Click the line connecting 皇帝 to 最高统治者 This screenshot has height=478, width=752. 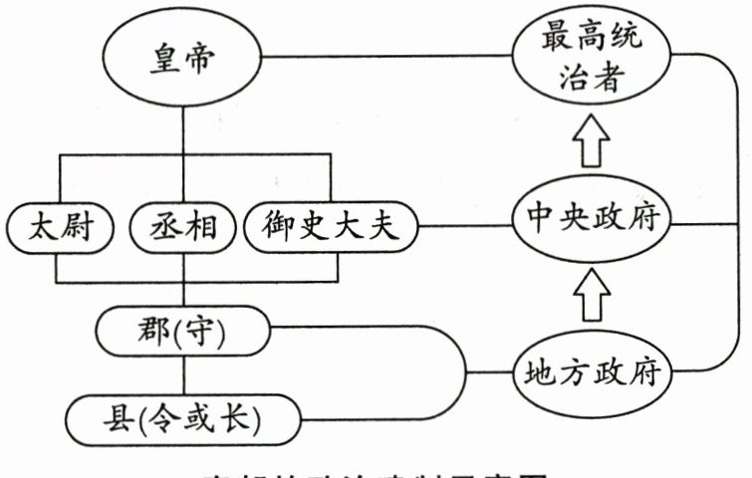(x=388, y=57)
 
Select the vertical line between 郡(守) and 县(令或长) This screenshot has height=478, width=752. (x=183, y=374)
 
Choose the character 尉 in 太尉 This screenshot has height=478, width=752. (x=80, y=228)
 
